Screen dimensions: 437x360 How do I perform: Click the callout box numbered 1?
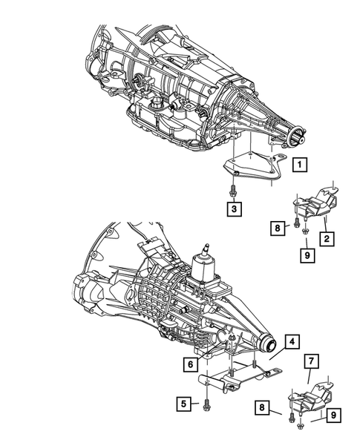pos(299,165)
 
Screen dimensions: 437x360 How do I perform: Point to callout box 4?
pos(292,342)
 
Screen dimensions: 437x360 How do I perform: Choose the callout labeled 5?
pos(181,404)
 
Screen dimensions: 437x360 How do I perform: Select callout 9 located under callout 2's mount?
pos(306,255)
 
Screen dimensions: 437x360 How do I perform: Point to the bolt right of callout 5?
pos(205,404)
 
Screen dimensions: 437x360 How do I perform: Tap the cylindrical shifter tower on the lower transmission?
pos(203,266)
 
